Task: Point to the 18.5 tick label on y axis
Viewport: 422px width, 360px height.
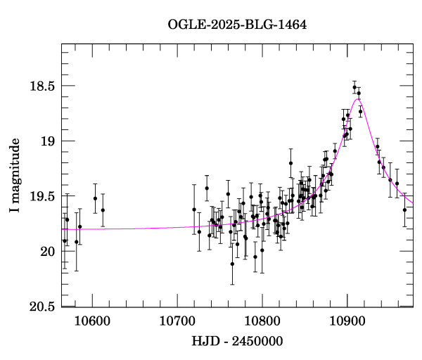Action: [x=41, y=86]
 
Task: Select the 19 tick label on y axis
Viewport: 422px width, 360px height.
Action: [x=46, y=141]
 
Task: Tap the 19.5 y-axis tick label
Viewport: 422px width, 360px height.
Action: [x=41, y=196]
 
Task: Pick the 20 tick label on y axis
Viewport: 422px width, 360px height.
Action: [x=46, y=252]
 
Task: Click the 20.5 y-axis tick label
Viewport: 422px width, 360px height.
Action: [x=41, y=307]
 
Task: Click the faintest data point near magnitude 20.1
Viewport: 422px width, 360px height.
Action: [x=232, y=264]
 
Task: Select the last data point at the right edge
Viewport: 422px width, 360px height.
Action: [x=404, y=210]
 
